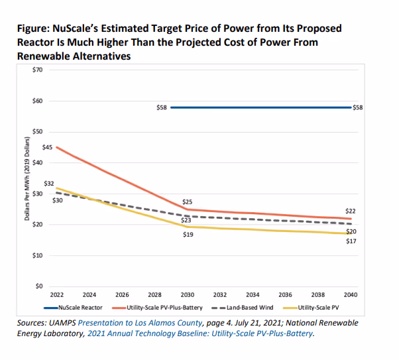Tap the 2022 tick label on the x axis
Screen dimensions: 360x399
(x=57, y=294)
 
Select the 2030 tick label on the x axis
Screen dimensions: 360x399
(x=187, y=294)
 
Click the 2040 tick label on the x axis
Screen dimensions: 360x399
(x=351, y=294)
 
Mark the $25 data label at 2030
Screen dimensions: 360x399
(x=187, y=202)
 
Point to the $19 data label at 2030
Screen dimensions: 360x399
(x=187, y=235)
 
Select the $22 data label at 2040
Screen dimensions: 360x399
(x=351, y=210)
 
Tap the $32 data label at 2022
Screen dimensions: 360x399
(x=48, y=183)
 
